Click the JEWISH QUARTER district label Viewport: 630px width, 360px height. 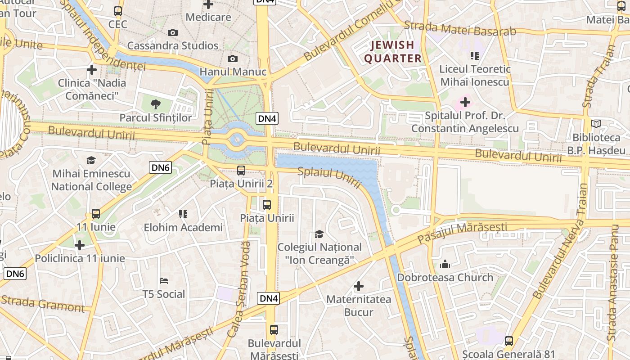click(x=392, y=52)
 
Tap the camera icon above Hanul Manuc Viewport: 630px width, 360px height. click(x=232, y=59)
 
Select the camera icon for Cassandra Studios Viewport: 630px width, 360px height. click(x=172, y=33)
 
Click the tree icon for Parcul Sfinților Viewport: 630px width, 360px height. click(x=156, y=105)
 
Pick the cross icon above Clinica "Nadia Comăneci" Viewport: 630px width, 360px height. click(x=92, y=70)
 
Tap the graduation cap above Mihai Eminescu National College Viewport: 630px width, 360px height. click(x=91, y=161)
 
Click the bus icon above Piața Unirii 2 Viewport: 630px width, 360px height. click(x=241, y=171)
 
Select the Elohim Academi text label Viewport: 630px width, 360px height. click(x=183, y=228)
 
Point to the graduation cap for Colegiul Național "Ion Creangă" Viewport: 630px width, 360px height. click(x=319, y=234)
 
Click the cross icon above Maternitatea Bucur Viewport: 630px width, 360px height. click(x=359, y=286)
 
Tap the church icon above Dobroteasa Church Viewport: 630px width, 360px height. click(x=445, y=264)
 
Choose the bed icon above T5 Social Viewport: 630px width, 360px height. click(x=164, y=281)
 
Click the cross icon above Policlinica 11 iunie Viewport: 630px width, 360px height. click(x=80, y=245)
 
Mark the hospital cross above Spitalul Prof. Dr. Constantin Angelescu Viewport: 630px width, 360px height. click(x=465, y=102)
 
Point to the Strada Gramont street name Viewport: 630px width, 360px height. click(x=42, y=304)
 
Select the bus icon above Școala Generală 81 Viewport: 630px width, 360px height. click(x=509, y=342)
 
